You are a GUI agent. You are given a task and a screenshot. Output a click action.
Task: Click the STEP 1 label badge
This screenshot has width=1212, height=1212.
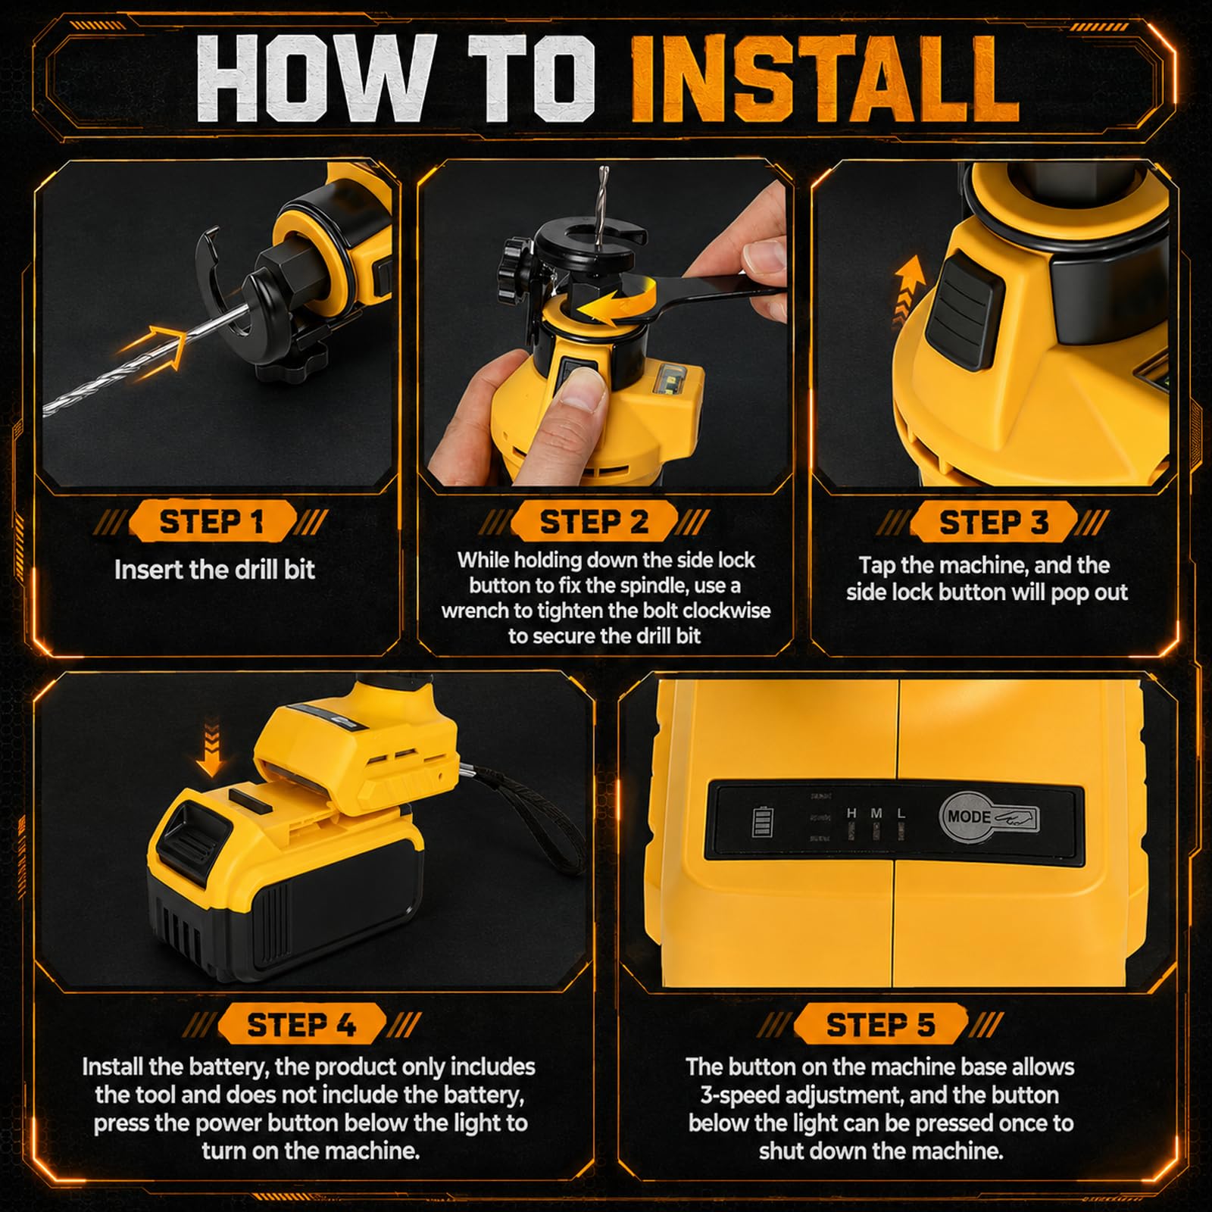click(x=211, y=521)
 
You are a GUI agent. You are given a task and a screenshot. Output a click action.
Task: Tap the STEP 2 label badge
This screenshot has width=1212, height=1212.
click(x=594, y=521)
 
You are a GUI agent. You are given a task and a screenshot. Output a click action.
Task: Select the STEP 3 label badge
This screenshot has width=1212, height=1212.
click(x=993, y=521)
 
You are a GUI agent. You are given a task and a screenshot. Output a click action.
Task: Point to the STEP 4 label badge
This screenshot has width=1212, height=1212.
click(x=301, y=1024)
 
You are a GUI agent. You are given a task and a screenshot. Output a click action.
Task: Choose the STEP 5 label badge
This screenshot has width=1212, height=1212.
click(x=880, y=1024)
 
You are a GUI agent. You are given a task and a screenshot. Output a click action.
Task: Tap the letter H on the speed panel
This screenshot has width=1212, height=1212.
click(x=851, y=813)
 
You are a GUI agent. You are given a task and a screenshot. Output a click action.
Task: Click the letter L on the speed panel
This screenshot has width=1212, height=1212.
click(x=901, y=813)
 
